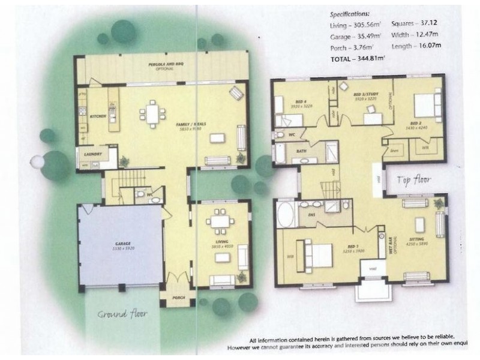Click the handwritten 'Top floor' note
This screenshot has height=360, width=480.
tap(412, 179)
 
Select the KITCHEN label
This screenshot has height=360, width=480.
tap(98, 116)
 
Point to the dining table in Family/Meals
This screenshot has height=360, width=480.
tap(153, 113)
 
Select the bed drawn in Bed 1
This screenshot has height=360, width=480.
tap(317, 255)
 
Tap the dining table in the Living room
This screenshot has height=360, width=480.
tap(220, 221)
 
